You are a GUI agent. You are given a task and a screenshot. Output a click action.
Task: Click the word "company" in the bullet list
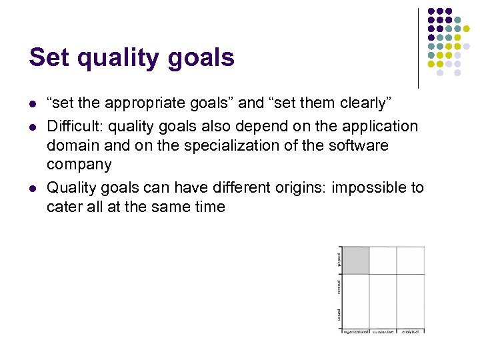(79, 164)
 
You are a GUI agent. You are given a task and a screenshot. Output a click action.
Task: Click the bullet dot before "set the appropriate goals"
(32, 104)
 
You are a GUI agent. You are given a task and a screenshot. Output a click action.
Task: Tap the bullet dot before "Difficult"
(32, 127)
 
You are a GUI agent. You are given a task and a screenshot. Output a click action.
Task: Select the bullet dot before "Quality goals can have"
(32, 189)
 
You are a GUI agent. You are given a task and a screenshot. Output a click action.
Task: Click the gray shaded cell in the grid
(355, 260)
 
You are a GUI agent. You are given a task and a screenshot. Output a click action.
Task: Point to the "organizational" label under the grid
(355, 331)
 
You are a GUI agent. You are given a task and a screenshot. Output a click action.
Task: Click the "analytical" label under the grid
(411, 331)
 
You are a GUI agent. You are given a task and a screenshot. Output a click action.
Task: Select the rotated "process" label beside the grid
(339, 287)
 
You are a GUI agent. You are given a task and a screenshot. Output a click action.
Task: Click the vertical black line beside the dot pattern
(418, 48)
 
